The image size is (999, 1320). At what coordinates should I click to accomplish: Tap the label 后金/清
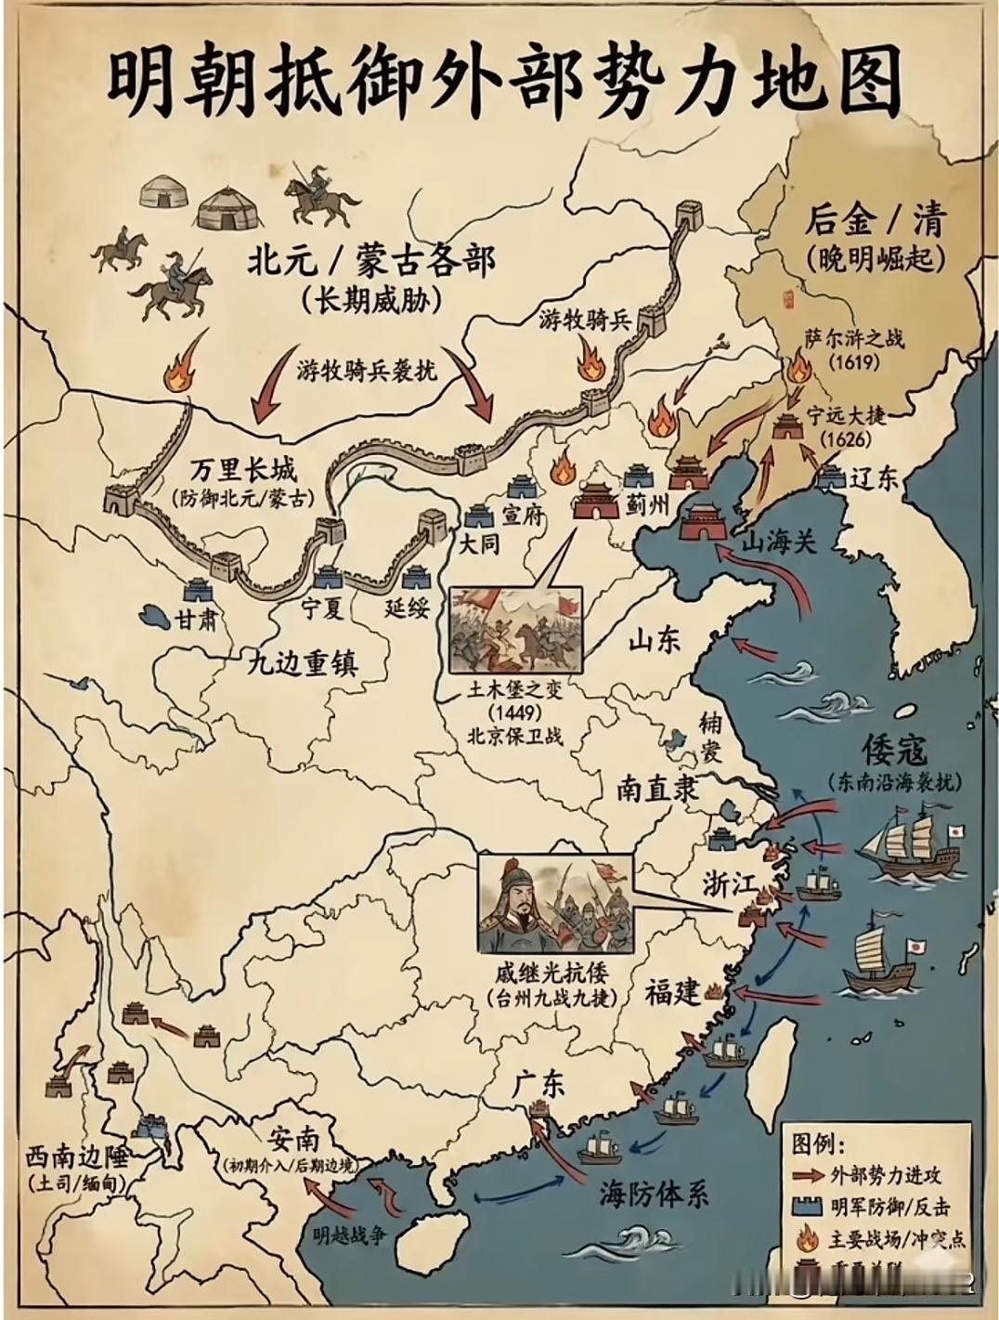pyautogui.click(x=874, y=221)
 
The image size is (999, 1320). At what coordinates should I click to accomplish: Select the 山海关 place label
pyautogui.click(x=778, y=542)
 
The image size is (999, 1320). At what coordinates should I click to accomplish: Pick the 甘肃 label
pyautogui.click(x=199, y=618)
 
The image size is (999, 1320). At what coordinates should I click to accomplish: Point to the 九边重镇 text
pyautogui.click(x=303, y=662)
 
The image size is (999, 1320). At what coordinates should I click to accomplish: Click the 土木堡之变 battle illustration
pyautogui.click(x=516, y=631)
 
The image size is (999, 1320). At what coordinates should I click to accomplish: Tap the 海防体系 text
pyautogui.click(x=654, y=1194)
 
